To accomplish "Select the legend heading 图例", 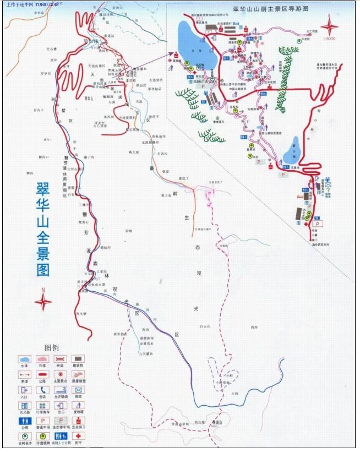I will [x=51, y=348].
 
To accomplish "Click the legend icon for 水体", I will [x=24, y=359].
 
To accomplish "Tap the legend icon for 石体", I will [x=42, y=359].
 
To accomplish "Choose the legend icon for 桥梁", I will [x=61, y=359].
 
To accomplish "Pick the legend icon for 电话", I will [x=42, y=390].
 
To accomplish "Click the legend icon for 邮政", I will [x=79, y=390].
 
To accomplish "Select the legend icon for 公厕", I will [x=24, y=421].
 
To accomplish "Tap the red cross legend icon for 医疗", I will [x=79, y=436].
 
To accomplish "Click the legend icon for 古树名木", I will [x=24, y=436].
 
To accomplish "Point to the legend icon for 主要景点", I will [x=61, y=374].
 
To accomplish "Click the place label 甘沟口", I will [x=38, y=110].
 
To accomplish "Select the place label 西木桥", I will [x=81, y=313].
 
